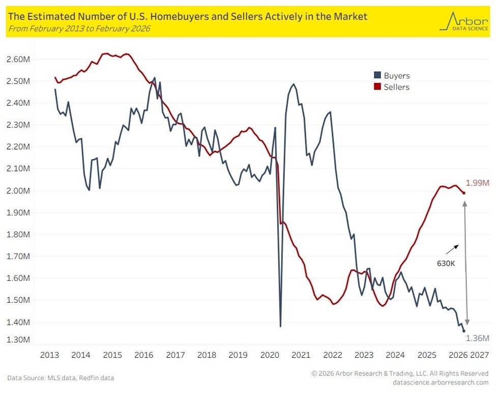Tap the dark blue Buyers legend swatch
(376, 76)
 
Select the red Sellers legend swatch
(376, 87)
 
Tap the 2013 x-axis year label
(49, 354)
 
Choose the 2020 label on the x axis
(270, 354)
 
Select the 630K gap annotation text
(446, 264)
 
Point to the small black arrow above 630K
(452, 249)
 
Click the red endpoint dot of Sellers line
(463, 193)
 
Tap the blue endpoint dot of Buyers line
(463, 331)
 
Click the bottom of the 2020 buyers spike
(280, 326)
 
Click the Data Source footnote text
(61, 378)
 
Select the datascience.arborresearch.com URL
(441, 382)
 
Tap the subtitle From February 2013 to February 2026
(79, 29)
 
